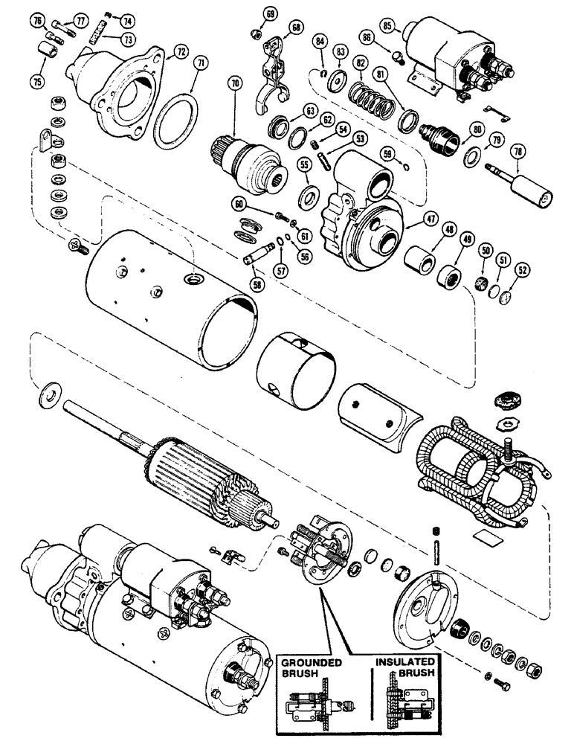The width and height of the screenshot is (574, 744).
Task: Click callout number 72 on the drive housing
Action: [x=179, y=55]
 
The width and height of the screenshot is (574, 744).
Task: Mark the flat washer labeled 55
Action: [x=306, y=199]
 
